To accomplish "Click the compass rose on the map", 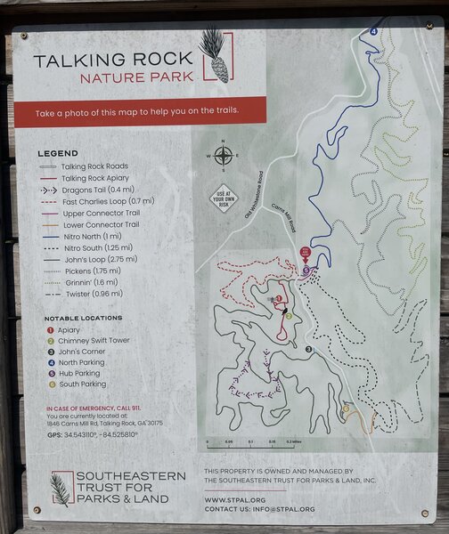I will (x=223, y=158).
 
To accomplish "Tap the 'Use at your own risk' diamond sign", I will (x=224, y=196).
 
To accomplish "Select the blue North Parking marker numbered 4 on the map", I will (x=373, y=32).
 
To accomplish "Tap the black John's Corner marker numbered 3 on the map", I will (x=309, y=349).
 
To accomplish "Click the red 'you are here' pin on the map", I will (x=306, y=254).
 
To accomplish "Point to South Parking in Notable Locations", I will (x=78, y=384).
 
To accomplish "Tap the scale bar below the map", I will (x=253, y=439).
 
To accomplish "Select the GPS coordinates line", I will (x=92, y=434).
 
